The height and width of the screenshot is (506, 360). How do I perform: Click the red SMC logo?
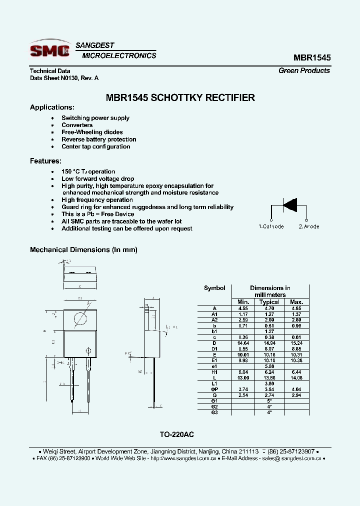(49, 49)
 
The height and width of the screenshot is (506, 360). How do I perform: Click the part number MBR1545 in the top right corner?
(312, 57)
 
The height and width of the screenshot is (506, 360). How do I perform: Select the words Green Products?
(304, 70)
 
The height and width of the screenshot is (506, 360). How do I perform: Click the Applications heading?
(52, 107)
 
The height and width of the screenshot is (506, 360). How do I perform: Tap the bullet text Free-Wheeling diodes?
(92, 132)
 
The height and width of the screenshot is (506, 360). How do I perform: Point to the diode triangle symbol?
(289, 205)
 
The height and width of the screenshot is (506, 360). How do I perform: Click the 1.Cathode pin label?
(271, 226)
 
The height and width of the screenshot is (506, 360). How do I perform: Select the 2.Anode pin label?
(309, 226)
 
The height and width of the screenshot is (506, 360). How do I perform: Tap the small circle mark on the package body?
(89, 350)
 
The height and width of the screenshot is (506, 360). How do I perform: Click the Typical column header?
(269, 302)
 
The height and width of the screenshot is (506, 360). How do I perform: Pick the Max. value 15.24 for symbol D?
(296, 343)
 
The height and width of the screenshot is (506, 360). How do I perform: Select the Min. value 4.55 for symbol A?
(243, 308)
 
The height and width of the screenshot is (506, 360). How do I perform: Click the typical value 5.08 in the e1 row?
(269, 366)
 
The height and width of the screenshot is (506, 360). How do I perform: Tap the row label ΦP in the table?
(214, 389)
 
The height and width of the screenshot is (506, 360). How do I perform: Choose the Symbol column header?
(214, 288)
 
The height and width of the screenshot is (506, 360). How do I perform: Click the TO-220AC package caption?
(180, 435)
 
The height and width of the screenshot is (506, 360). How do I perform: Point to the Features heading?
(45, 161)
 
